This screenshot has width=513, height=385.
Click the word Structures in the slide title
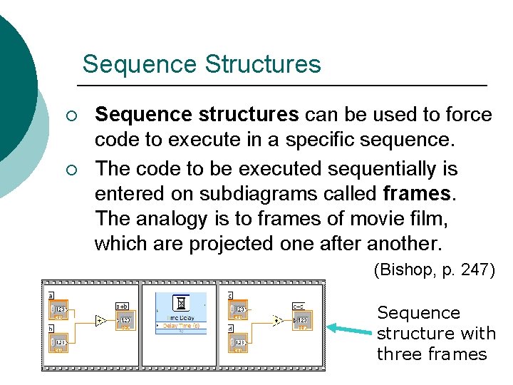point(263,64)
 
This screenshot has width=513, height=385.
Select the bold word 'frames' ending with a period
point(418,194)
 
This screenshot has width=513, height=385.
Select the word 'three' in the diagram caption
point(396,354)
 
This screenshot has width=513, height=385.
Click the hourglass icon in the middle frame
point(181,302)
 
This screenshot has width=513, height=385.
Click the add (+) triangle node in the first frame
point(102,322)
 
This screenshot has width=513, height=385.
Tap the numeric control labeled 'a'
point(59,309)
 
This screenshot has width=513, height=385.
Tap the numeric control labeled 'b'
point(59,341)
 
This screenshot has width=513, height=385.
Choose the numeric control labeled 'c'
point(238,309)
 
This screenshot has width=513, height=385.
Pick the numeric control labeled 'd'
point(238,341)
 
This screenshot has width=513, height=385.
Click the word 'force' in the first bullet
point(465,115)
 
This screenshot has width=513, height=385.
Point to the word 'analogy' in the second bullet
point(166,218)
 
